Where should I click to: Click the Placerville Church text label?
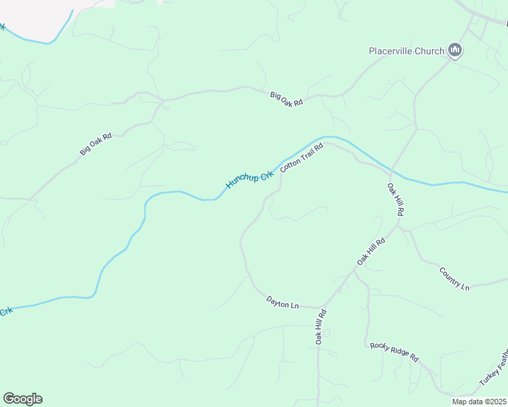coord(406,51)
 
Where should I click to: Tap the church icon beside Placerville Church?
coord(455,50)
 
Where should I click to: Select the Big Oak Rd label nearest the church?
coord(286,98)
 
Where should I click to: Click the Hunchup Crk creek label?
coord(249,178)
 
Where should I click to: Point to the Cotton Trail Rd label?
coord(301,157)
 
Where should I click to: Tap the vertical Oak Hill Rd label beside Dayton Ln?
coord(321,326)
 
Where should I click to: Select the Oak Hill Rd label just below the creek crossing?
coord(396,199)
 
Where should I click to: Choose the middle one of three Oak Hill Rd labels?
coord(371,251)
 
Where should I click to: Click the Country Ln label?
coord(454,279)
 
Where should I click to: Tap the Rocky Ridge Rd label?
coord(394,351)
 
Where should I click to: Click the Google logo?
coord(22,399)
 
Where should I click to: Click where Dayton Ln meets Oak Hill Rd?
coord(322,307)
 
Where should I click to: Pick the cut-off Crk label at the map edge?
coord(5,311)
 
